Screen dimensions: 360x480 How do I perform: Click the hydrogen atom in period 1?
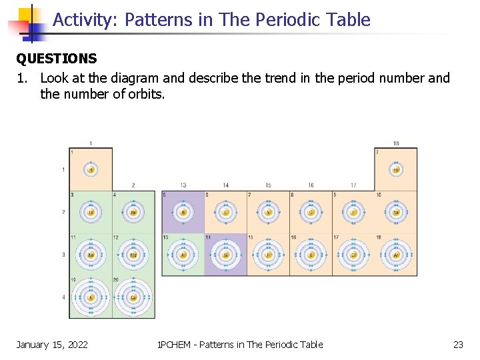91,169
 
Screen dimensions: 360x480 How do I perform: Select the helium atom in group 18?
396,169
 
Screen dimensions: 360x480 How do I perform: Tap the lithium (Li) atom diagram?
91,212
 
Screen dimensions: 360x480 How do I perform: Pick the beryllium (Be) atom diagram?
133,212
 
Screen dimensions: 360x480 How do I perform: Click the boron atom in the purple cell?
183,212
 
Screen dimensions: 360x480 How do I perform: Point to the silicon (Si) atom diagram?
225,255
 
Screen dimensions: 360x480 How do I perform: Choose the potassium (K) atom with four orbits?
91,297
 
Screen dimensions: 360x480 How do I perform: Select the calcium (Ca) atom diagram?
133,297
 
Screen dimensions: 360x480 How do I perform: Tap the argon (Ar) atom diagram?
396,255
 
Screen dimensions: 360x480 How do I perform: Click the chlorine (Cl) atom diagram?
353,255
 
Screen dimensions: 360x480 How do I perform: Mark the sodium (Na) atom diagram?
91,255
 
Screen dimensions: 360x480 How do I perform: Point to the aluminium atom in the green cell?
183,255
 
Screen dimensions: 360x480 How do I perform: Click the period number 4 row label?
64,297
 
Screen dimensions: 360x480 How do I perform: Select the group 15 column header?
268,185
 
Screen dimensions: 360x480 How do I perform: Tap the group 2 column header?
133,185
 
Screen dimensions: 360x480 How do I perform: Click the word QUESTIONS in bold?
57,59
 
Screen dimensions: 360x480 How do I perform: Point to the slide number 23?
458,345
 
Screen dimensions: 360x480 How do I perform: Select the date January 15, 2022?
52,345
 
